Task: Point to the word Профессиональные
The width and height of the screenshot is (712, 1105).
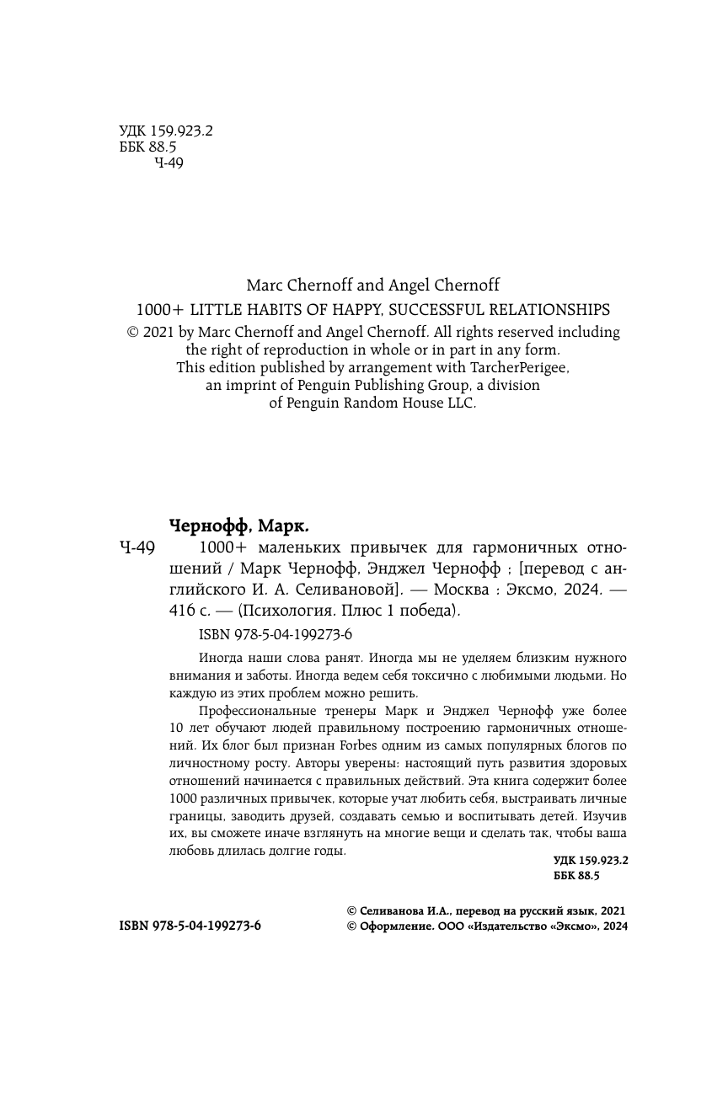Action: [x=253, y=710]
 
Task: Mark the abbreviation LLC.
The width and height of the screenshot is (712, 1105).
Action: [x=461, y=403]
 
